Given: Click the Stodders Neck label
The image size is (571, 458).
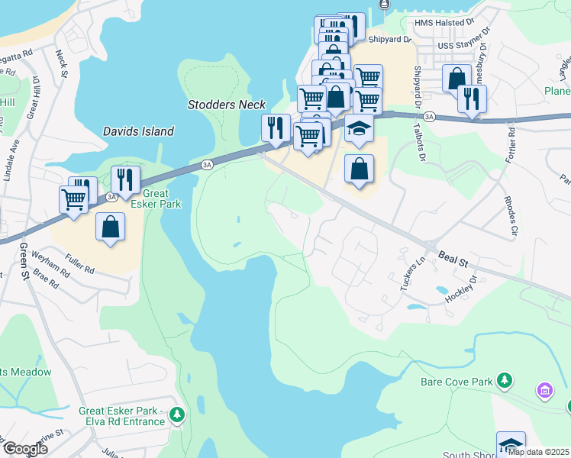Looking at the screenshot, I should [227, 105].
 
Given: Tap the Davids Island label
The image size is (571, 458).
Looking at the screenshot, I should [138, 131].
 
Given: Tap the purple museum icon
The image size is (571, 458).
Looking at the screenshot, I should [544, 392].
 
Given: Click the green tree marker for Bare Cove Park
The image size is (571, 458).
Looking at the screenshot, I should [503, 379].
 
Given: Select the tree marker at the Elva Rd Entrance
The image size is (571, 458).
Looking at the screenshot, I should [177, 414].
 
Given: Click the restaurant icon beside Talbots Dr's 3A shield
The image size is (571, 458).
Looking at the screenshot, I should [472, 98].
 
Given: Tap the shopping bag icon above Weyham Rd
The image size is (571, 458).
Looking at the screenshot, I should [111, 227].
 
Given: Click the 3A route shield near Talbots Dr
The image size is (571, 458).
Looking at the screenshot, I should [429, 117].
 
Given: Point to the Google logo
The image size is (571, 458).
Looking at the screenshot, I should [24, 448].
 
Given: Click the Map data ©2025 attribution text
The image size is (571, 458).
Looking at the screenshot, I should [538, 452].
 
